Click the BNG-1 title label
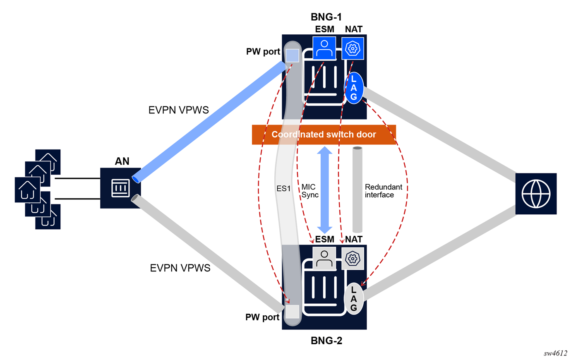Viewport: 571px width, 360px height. (326, 17)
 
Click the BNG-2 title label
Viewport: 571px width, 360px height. (326, 341)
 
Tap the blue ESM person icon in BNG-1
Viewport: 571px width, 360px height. (324, 48)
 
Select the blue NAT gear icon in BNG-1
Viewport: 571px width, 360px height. (353, 48)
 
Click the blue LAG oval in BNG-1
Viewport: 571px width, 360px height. (354, 88)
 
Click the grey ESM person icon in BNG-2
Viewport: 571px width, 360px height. (324, 259)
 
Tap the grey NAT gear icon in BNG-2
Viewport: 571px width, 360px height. (353, 259)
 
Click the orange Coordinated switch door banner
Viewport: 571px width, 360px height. (324, 134)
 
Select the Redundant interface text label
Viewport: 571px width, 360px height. (383, 191)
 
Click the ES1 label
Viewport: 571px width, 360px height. (284, 189)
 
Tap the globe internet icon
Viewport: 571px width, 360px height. (536, 194)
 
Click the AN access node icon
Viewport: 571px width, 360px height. (120, 188)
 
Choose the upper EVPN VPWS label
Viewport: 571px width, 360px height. (178, 110)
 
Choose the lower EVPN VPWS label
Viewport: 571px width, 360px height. (180, 268)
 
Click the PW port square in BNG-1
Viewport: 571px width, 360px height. (293, 55)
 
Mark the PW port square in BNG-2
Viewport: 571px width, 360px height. (293, 312)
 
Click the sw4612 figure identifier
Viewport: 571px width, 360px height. (555, 353)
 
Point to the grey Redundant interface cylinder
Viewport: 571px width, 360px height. (357, 190)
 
